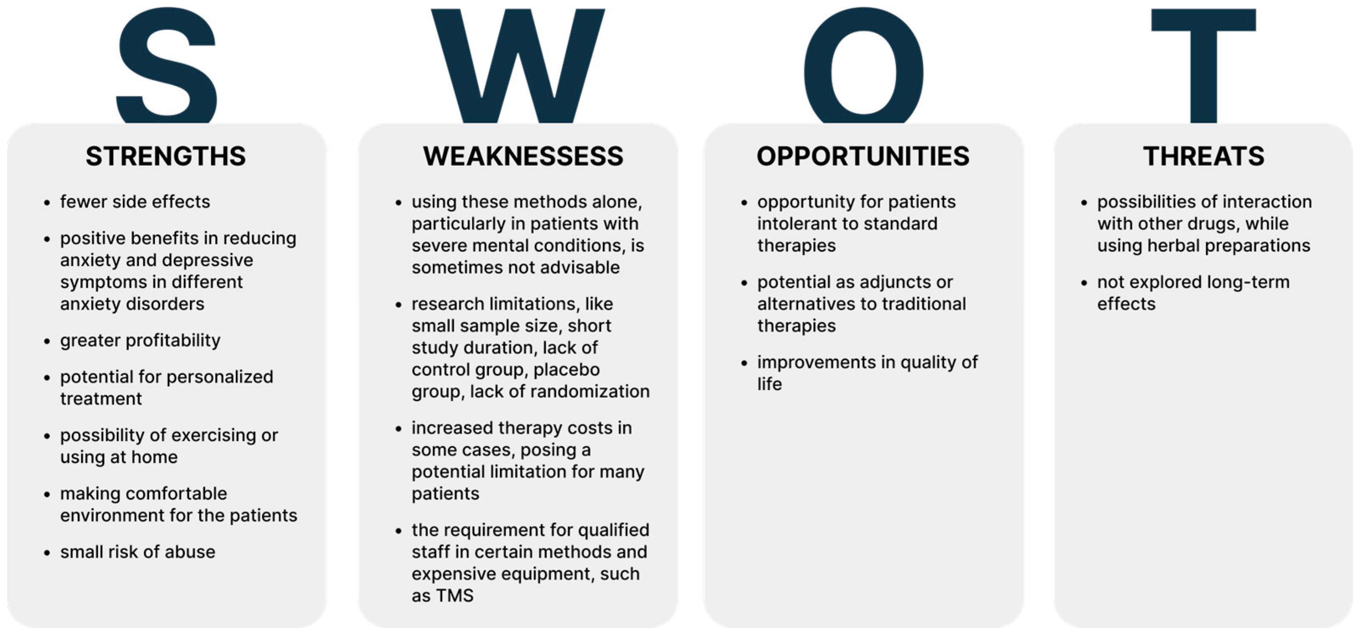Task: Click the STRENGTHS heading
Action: pyautogui.click(x=166, y=156)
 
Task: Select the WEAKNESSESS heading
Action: pyautogui.click(x=523, y=156)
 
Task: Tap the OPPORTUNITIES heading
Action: pyautogui.click(x=863, y=156)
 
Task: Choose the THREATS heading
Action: pyautogui.click(x=1204, y=156)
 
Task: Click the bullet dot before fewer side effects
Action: pyautogui.click(x=47, y=203)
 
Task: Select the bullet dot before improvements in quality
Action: pyautogui.click(x=744, y=363)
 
